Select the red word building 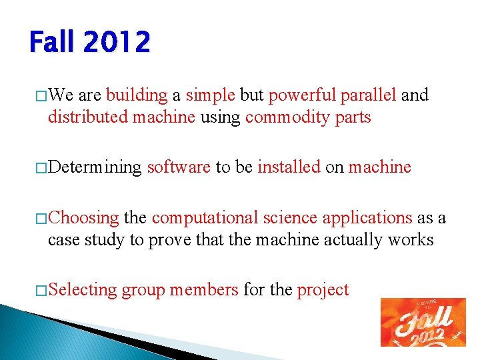click(137, 95)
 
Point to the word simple click(210, 95)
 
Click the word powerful click(302, 95)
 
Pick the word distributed click(87, 117)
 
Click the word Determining click(95, 167)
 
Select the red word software click(179, 167)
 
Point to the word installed click(289, 167)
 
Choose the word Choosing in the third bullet click(84, 218)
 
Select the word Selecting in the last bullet click(83, 290)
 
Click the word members click(203, 290)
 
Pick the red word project click(323, 290)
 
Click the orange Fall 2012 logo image click(423, 322)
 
